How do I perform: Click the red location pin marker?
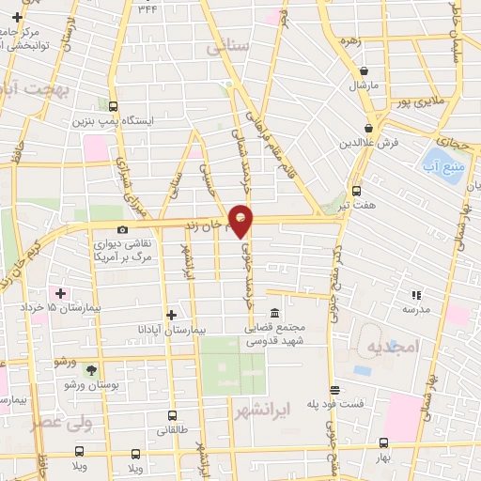(x=241, y=221)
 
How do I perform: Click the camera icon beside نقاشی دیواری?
(x=122, y=230)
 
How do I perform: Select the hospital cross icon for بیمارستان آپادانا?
(x=170, y=316)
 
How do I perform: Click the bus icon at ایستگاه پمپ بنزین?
(x=113, y=106)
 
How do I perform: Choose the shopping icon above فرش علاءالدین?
(x=369, y=128)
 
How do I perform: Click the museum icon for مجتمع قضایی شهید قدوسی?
(x=274, y=314)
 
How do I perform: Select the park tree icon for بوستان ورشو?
(x=91, y=370)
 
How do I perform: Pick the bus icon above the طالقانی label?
(x=172, y=414)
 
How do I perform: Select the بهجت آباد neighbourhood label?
(x=38, y=90)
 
